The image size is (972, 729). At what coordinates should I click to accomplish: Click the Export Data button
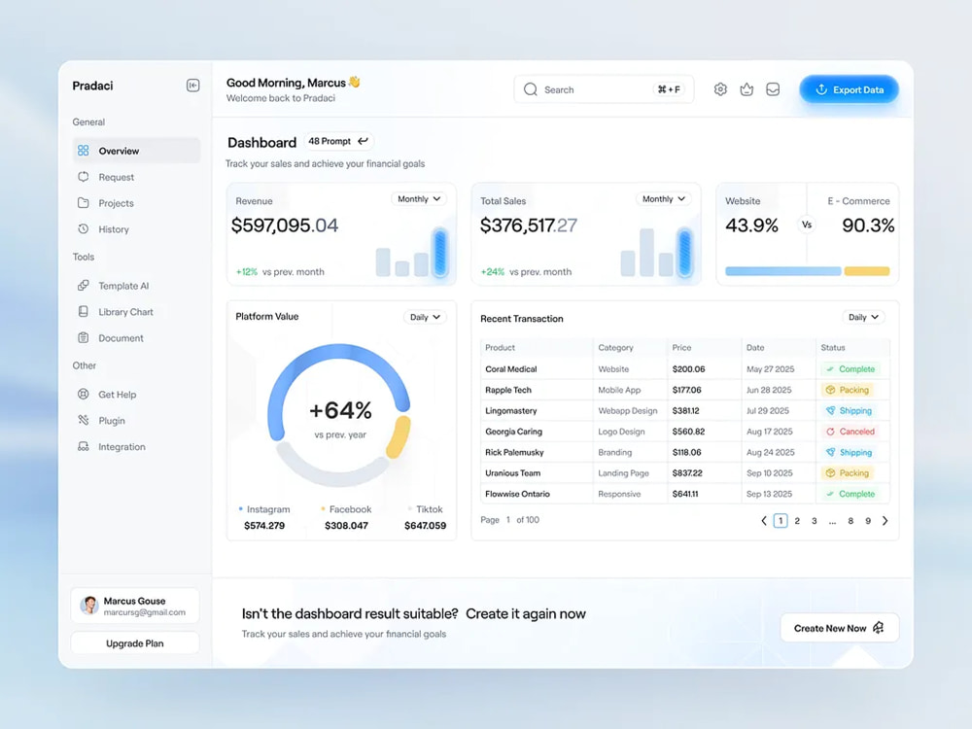coord(849,89)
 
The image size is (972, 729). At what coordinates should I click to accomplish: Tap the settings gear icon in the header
coord(720,89)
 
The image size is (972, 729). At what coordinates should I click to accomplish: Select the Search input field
coord(604,89)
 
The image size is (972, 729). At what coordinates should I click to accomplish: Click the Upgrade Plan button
coord(135,643)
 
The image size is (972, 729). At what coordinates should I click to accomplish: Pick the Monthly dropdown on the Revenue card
coord(419,199)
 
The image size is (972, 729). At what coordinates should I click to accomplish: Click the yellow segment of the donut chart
coord(399,436)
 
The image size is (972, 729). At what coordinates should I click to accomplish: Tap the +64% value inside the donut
coord(340,410)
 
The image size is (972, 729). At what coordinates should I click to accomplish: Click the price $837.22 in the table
coord(687,473)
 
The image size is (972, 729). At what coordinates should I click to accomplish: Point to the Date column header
coord(755,348)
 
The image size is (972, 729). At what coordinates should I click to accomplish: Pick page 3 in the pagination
coord(814,521)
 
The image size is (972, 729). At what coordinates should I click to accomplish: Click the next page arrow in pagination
coord(885,521)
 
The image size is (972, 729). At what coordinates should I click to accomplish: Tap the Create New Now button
coord(840,628)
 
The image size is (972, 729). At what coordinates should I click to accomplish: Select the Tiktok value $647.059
coord(426,526)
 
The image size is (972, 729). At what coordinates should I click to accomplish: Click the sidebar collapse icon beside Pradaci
coord(192,85)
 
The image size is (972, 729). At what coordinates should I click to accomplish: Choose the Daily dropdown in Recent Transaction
coord(863,318)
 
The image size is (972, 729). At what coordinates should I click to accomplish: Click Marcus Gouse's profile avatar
coord(89,605)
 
